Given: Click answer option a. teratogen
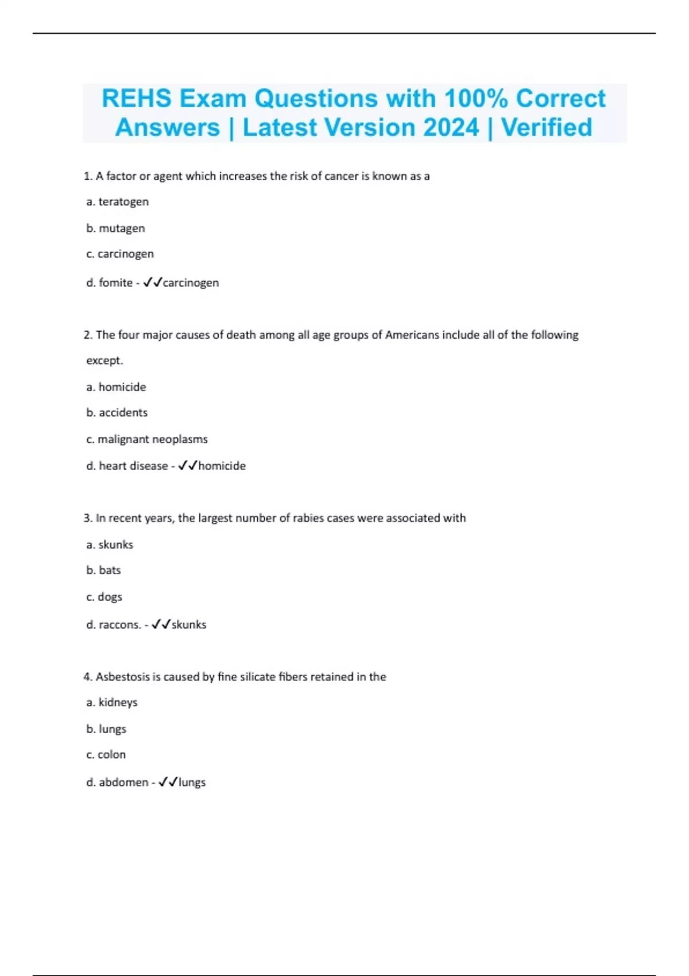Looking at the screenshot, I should coord(117,202).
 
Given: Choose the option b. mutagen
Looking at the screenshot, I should coord(115,228).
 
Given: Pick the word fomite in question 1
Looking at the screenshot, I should coord(115,282).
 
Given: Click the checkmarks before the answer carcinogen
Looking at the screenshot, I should coord(153,282).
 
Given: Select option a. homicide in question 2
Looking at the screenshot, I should coord(116,387).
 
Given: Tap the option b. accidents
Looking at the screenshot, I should coord(117,412).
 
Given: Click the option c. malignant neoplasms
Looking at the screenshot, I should coord(146,439).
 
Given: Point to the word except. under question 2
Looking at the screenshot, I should coord(104,361).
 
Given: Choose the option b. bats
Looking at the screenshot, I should coord(103,570).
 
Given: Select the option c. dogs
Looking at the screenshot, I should coord(104,597).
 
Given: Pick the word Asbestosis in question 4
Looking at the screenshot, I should coord(122,677).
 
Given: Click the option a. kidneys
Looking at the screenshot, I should coord(112,702).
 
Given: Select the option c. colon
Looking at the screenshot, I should coord(106,754).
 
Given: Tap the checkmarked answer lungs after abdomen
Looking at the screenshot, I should coord(192,782).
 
